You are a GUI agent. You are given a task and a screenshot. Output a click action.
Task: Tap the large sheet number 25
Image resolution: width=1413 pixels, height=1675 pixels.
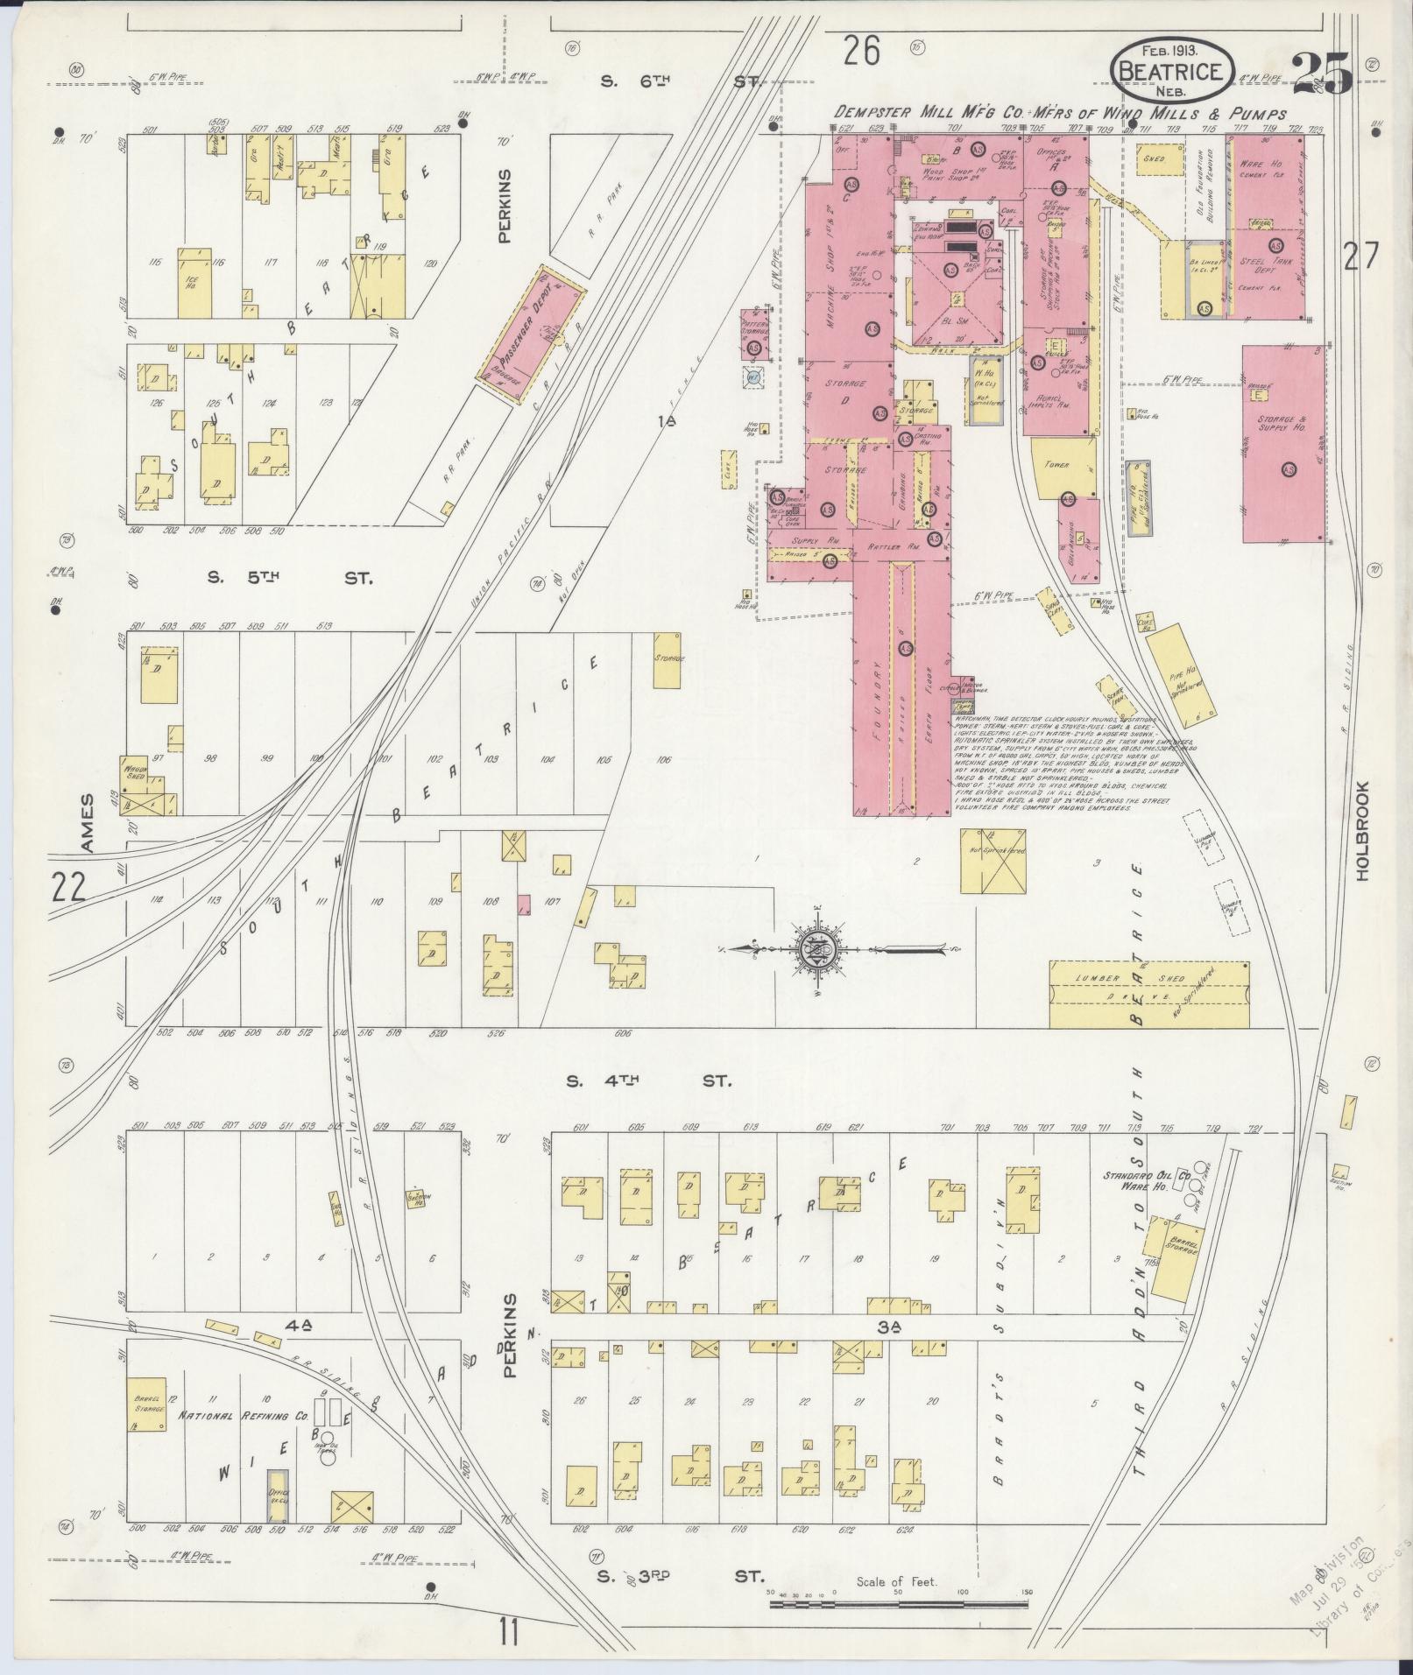[1321, 72]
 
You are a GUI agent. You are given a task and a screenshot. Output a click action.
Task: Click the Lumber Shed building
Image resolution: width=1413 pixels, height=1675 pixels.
[1148, 994]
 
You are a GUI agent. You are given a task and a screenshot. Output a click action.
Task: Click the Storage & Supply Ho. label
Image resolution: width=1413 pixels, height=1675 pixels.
[1283, 425]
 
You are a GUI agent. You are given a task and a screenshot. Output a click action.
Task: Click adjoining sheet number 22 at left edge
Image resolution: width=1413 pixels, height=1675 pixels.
[67, 888]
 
